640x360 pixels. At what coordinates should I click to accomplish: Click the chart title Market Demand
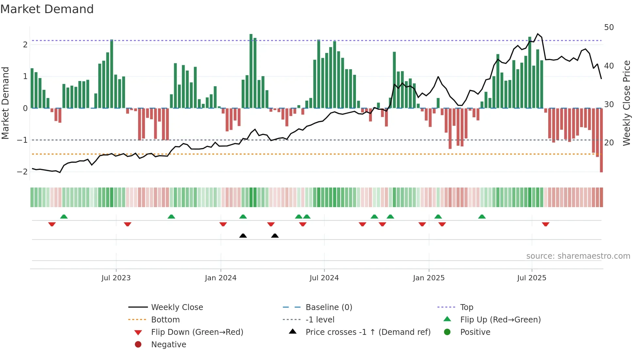point(47,9)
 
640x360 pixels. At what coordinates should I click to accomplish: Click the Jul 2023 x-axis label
point(116,278)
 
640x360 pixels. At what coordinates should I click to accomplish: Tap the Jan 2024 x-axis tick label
point(220,278)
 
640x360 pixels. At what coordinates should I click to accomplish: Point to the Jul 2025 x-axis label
point(532,278)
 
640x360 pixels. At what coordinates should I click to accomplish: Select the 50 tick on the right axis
point(609,27)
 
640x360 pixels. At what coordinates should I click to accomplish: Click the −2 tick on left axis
point(22,172)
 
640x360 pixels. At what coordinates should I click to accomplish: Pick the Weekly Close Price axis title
point(626,103)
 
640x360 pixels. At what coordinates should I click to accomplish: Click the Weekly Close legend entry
point(177,307)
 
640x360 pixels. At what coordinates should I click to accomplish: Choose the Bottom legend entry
point(165,320)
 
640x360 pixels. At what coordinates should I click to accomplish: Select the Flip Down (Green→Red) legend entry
point(197,332)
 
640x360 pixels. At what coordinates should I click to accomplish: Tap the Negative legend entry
point(168,345)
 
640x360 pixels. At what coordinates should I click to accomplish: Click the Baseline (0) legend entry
point(328,307)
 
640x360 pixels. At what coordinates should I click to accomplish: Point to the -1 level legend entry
point(320,320)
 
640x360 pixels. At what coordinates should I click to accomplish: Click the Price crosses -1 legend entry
point(368,332)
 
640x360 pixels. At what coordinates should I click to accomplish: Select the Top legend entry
point(466,307)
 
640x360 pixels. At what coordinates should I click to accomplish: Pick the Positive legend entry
point(475,332)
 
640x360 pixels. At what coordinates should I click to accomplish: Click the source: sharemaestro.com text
point(578,256)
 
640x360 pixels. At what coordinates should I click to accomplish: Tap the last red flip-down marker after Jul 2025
point(545,224)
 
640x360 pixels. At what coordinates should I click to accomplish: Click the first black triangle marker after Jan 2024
point(243,236)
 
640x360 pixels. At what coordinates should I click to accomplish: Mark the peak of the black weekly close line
point(538,34)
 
